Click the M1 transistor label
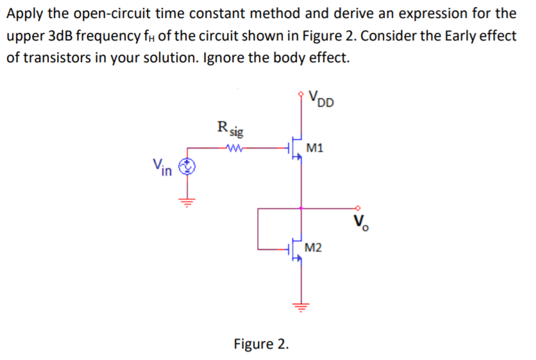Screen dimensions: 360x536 pyautogui.click(x=315, y=148)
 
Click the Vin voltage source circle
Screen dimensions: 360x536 pyautogui.click(x=187, y=168)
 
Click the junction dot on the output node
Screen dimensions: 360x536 pyautogui.click(x=301, y=208)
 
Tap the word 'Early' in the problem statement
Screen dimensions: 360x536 pyautogui.click(x=430, y=35)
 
